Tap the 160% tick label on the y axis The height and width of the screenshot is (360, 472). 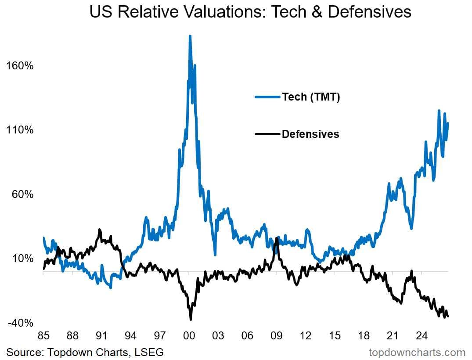click(20, 65)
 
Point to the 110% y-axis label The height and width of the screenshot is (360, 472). click(20, 130)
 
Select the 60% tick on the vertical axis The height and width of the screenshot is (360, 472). click(22, 194)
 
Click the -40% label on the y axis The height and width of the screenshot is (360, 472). click(21, 323)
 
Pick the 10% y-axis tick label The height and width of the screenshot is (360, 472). click(22, 258)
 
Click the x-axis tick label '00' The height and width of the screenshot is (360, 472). click(189, 335)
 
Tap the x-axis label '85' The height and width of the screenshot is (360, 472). click(43, 335)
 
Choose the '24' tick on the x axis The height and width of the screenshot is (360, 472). click(422, 335)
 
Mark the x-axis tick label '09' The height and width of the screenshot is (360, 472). click(276, 335)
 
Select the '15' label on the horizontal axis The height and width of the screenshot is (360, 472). click(335, 335)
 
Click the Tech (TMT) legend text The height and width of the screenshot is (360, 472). click(311, 97)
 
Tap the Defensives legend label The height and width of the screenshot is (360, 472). click(310, 134)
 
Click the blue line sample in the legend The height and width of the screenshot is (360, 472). click(267, 97)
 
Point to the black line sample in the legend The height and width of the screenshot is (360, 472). click(267, 134)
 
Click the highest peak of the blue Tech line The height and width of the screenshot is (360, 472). click(190, 36)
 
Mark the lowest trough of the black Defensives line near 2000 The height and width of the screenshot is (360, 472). click(191, 319)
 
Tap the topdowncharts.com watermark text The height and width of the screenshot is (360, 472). click(417, 353)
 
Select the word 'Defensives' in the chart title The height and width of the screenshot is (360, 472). click(369, 12)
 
